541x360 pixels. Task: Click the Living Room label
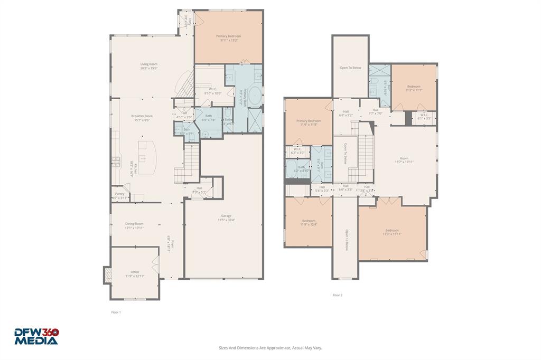pos(149,64)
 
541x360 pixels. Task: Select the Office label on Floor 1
pos(135,272)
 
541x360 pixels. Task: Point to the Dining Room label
pos(134,224)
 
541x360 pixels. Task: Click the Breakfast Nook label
pos(142,116)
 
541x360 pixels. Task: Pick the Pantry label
pos(120,194)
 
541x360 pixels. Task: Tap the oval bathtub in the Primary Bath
pos(254,98)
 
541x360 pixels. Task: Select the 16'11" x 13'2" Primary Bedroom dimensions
pos(228,40)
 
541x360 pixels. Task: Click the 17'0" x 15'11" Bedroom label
pos(392,230)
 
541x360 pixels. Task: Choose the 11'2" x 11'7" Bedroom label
pos(414,87)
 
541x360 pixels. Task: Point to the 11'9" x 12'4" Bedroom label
pos(309,221)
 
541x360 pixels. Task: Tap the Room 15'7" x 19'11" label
pos(404,158)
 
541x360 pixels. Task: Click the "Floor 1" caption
pos(116,312)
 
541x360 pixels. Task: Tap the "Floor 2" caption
pos(337,295)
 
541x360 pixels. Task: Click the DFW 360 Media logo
pos(36,336)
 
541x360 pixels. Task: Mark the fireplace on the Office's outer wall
pos(107,273)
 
